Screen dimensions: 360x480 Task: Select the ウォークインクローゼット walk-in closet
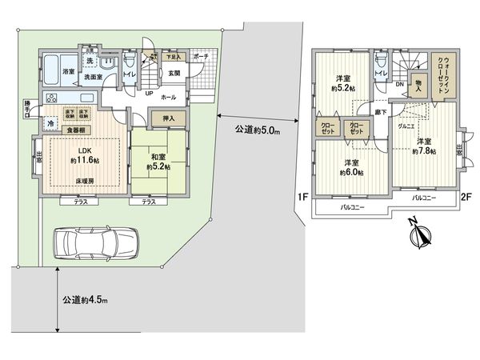(x=442, y=78)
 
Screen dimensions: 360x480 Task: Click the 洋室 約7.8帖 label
(x=424, y=147)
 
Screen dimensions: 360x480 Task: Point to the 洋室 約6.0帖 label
(x=350, y=166)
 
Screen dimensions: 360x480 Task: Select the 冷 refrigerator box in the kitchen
(x=50, y=124)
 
